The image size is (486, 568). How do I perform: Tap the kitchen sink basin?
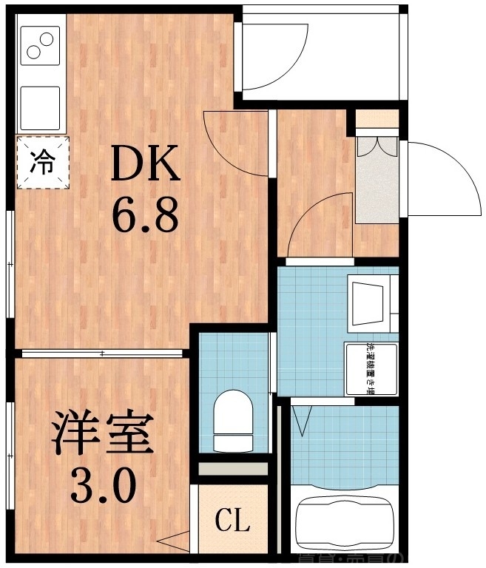coord(40,108)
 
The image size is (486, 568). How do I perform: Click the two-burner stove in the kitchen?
coord(40,47)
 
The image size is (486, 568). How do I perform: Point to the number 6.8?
coord(146,215)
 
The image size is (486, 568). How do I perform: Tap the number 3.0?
coord(104,486)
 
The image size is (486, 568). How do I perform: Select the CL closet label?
coord(232,521)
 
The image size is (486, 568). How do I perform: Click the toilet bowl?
coord(232,422)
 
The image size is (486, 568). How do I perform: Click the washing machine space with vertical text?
coord(371,371)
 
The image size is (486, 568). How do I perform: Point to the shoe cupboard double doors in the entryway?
coord(377,146)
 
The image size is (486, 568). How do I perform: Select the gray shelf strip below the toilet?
coord(232,469)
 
